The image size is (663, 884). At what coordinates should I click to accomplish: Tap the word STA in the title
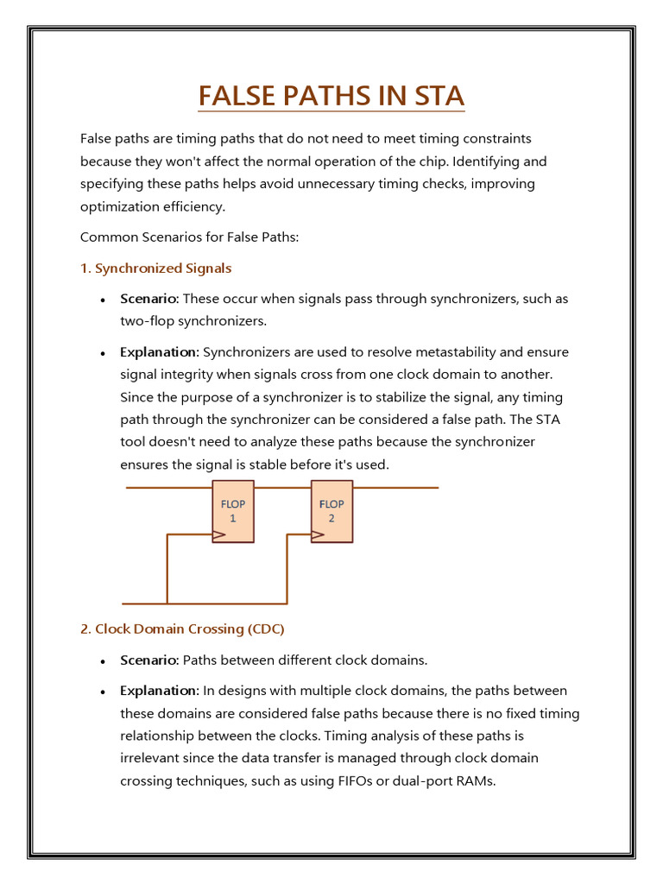[x=433, y=95]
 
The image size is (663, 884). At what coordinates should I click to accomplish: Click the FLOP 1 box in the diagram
[x=233, y=511]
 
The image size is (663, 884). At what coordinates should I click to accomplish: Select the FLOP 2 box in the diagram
[x=331, y=511]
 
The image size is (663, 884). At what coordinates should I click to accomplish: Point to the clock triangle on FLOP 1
[x=219, y=535]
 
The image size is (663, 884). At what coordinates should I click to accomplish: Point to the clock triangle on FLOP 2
[x=318, y=535]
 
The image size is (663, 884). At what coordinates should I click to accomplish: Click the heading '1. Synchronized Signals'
[x=155, y=268]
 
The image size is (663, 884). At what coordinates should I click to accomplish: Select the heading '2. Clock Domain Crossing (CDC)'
[x=182, y=628]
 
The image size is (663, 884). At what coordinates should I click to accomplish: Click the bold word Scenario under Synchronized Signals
[x=148, y=299]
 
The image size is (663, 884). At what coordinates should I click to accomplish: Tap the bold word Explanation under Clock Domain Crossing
[x=159, y=691]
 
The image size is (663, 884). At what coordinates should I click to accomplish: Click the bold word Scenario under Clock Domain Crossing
[x=148, y=660]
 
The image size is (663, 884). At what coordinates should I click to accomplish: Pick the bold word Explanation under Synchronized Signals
[x=159, y=352]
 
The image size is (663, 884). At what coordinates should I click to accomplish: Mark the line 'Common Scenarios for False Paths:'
[x=189, y=237]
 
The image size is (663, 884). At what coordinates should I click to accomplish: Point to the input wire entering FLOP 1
[x=168, y=488]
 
